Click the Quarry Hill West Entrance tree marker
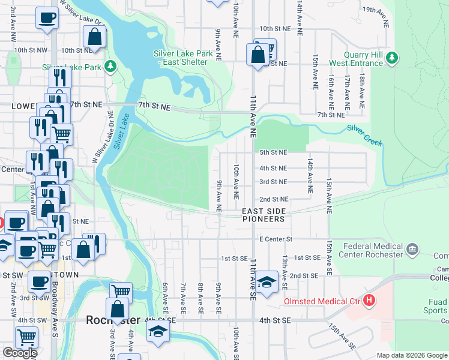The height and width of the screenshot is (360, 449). tap(392, 57)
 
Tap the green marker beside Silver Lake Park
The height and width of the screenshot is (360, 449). tap(110, 65)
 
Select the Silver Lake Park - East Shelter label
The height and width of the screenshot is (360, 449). tap(183, 58)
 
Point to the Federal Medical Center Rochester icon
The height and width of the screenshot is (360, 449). tap(412, 249)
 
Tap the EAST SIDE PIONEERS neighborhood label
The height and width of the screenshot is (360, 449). tap(264, 215)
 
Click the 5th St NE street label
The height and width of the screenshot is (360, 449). tap(273, 153)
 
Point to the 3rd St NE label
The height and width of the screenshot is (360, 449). tap(273, 182)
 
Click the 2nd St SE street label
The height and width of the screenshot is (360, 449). tap(303, 275)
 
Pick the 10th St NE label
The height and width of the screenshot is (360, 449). tap(275, 28)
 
